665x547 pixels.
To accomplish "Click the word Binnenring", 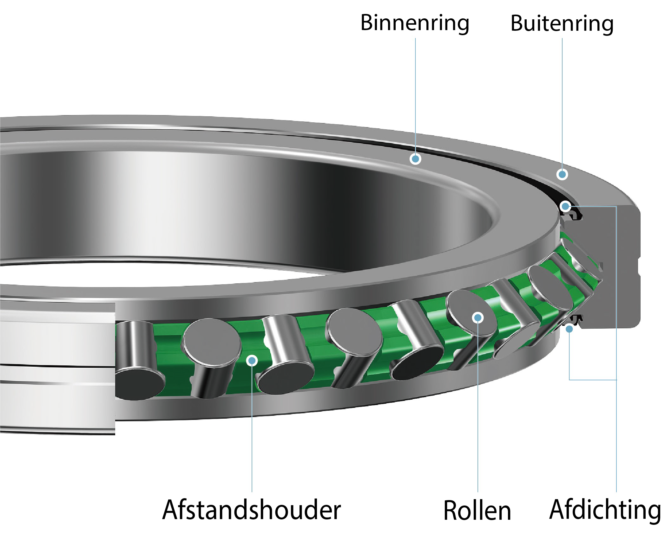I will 415,23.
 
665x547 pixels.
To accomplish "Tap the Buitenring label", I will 562,23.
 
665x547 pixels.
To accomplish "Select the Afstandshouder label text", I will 251,510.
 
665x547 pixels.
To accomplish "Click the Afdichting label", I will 606,510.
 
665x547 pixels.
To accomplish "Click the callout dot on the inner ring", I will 415,158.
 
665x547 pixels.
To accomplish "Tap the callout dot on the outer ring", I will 562,174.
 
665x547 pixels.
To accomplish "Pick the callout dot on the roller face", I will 477,317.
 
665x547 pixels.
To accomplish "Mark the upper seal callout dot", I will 565,207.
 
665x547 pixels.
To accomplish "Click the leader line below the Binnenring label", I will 415,95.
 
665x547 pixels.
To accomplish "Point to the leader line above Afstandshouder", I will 252,428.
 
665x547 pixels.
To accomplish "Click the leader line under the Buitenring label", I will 562,105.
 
